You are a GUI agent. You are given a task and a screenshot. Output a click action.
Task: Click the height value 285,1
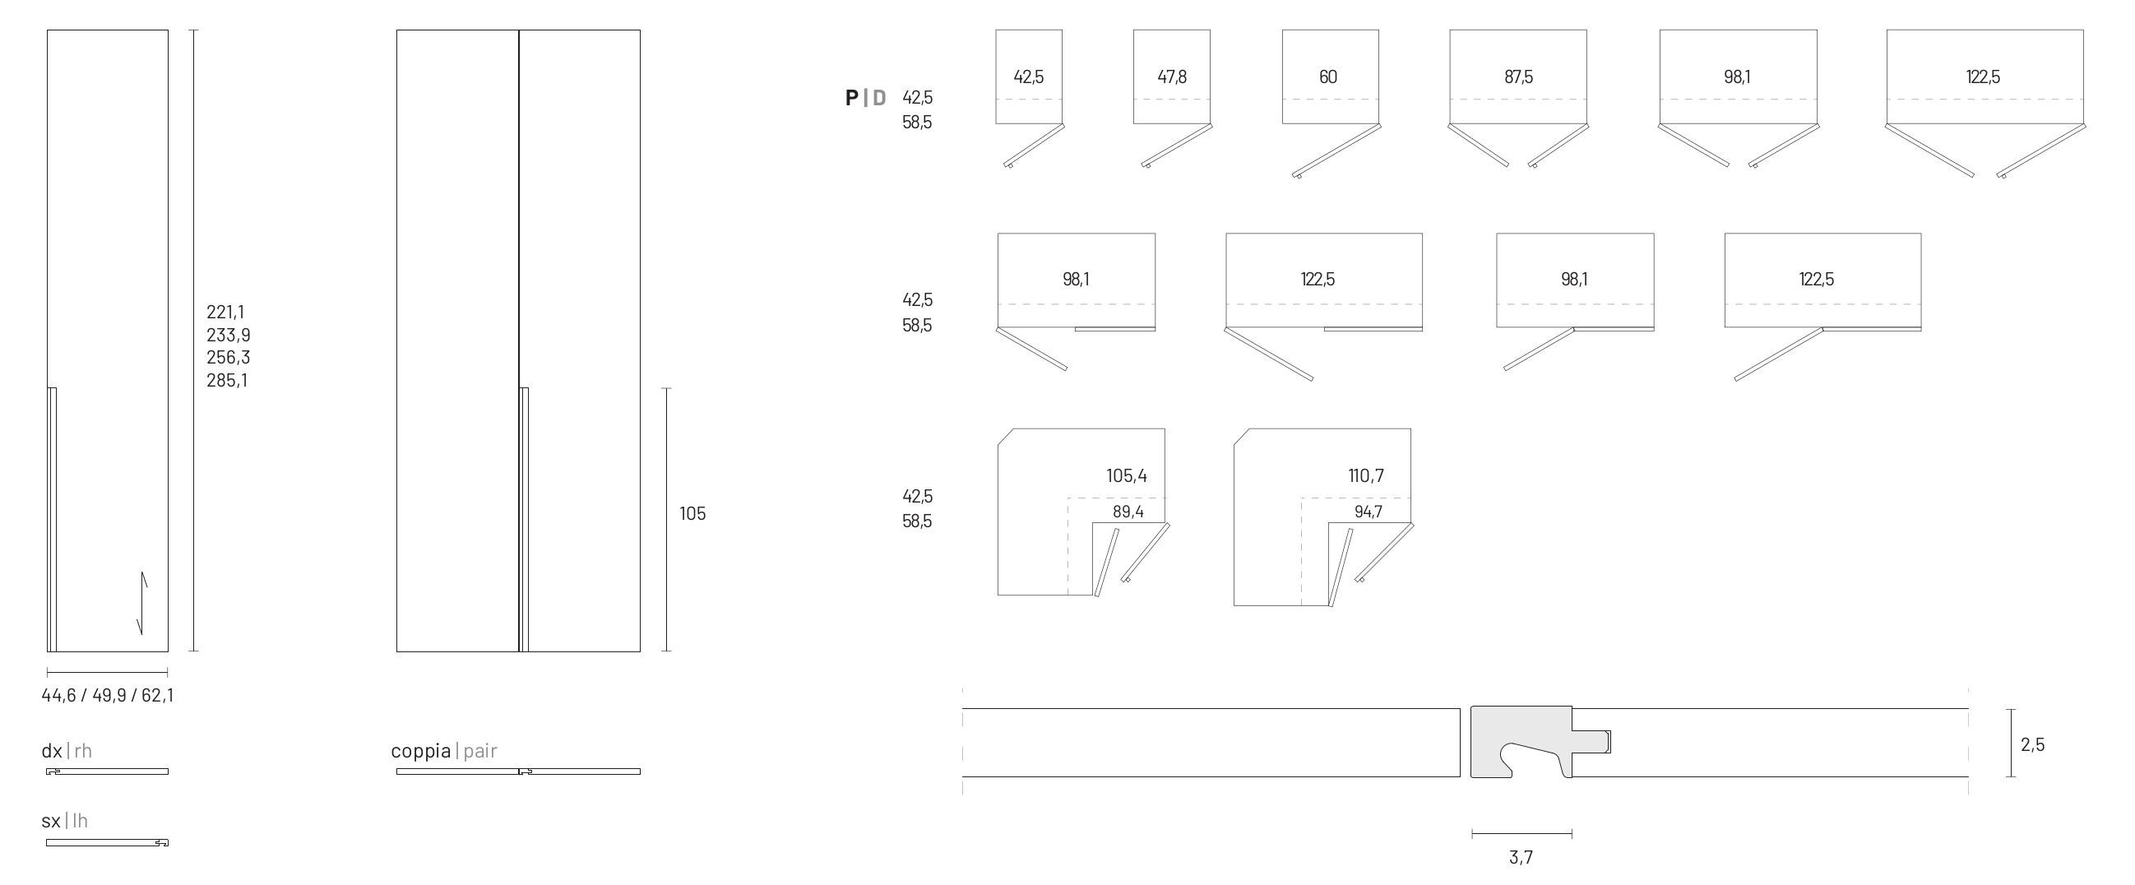coord(226,381)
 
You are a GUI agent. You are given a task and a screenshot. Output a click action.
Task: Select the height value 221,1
coord(225,313)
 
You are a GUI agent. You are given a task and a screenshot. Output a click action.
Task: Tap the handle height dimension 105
coord(692,514)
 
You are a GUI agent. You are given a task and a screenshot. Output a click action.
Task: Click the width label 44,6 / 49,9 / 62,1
coord(108,695)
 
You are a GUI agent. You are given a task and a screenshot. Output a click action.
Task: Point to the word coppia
coord(421,751)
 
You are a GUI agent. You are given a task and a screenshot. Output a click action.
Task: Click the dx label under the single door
coord(52,751)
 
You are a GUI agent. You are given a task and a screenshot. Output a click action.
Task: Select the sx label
coord(51,821)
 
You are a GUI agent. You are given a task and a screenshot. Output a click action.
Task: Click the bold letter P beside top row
coord(851,98)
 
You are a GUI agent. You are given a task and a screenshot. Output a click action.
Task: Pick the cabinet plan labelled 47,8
coord(1171,77)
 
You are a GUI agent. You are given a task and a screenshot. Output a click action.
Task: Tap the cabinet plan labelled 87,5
coord(1518,77)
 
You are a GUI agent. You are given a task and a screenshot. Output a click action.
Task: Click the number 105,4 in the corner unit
coord(1127,475)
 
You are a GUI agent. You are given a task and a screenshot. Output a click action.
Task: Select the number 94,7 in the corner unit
coord(1369,512)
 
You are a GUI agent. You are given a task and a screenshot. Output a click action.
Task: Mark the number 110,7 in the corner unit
coord(1366,475)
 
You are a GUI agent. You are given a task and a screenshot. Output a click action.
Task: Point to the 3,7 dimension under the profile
coord(1521,858)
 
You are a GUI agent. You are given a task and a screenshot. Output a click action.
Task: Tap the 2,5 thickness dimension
coord(2032,745)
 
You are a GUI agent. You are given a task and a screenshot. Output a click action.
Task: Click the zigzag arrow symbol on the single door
coord(143,603)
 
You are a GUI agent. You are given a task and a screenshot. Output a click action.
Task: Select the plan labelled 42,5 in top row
coord(1029,77)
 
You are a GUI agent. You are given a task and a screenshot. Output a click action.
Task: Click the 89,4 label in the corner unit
coord(1128,512)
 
